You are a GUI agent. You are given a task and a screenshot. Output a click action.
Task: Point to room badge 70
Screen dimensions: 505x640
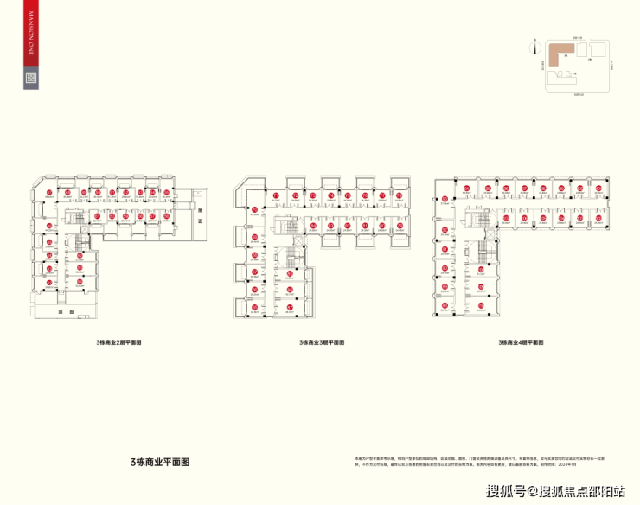254,209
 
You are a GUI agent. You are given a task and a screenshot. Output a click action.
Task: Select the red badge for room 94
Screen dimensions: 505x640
466,189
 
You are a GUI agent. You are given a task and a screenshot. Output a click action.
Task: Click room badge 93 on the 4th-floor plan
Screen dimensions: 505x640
445,200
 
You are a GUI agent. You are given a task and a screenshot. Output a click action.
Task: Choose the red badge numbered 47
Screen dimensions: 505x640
50,192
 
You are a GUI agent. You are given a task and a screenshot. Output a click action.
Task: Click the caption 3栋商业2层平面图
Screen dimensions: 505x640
118,343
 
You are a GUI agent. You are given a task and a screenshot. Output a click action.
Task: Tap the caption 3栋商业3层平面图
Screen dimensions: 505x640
322,343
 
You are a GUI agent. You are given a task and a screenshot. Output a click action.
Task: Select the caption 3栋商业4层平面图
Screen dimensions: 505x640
521,343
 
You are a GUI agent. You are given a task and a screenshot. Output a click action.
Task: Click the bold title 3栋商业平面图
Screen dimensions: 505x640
154,462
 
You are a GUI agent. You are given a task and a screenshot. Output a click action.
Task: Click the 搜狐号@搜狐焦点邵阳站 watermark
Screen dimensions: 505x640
555,491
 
